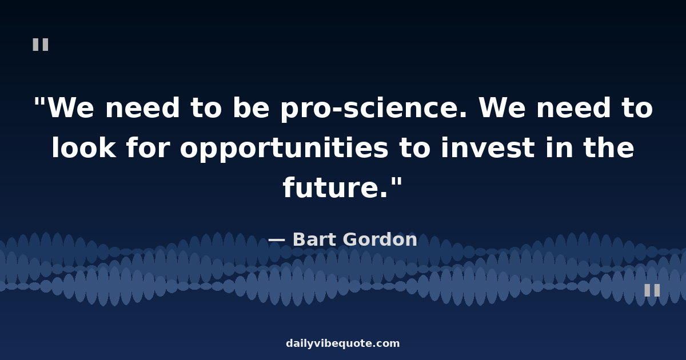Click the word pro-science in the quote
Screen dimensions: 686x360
pyautogui.click(x=374, y=109)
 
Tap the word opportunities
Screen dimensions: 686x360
pyautogui.click(x=284, y=149)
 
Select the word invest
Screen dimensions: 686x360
pyautogui.click(x=488, y=148)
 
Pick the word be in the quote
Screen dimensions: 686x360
pyautogui.click(x=251, y=107)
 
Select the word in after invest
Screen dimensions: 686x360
pyautogui.click(x=559, y=147)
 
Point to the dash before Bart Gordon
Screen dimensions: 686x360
pyautogui.click(x=277, y=241)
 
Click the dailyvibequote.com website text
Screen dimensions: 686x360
pyautogui.click(x=343, y=343)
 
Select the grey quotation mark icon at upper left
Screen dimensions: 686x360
pyautogui.click(x=41, y=45)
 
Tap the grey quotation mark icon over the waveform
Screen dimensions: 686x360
pyautogui.click(x=652, y=290)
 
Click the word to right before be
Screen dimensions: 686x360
pyautogui.click(x=206, y=108)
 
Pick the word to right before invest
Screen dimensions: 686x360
pyautogui.click(x=415, y=148)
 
